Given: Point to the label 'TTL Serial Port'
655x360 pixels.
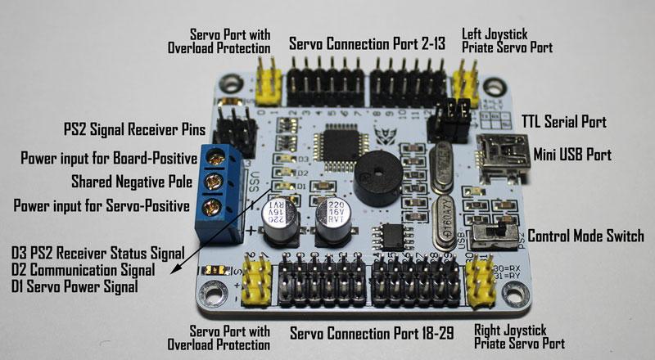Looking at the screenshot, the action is (x=564, y=123).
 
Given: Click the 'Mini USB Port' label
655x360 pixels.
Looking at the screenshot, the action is (x=574, y=153).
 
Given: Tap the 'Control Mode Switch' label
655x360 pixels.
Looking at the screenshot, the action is (x=586, y=236).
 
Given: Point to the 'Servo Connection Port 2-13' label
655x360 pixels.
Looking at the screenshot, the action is (x=367, y=43).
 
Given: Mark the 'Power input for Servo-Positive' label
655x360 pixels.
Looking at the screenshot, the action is (x=102, y=204).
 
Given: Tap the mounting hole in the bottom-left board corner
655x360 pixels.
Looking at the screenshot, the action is (x=216, y=290).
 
